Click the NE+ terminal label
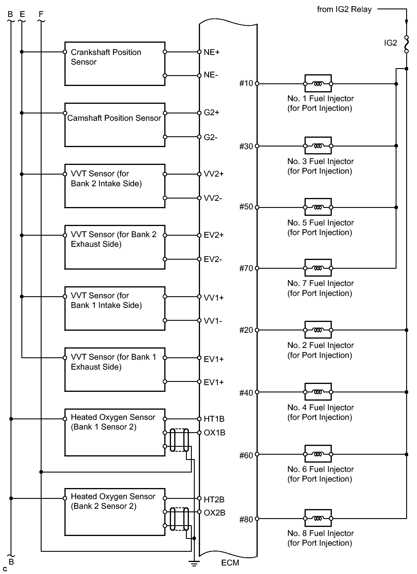click(x=211, y=52)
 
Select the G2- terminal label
click(x=211, y=137)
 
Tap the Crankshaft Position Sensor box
click(x=114, y=64)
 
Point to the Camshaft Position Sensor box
click(x=114, y=125)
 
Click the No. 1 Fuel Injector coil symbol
click(x=318, y=84)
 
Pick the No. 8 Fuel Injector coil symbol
click(x=318, y=519)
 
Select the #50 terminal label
click(x=246, y=207)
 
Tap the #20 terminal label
click(x=246, y=330)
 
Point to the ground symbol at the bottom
click(x=194, y=563)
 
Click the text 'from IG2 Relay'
click(x=344, y=9)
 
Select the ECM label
click(x=230, y=563)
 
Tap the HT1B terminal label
click(x=214, y=419)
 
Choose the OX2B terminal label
click(x=214, y=513)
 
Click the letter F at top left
click(x=41, y=14)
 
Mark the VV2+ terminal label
click(x=213, y=174)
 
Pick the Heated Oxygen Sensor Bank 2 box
click(x=114, y=512)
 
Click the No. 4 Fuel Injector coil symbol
click(x=318, y=392)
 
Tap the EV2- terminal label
click(x=213, y=259)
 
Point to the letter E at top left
click(x=22, y=14)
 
